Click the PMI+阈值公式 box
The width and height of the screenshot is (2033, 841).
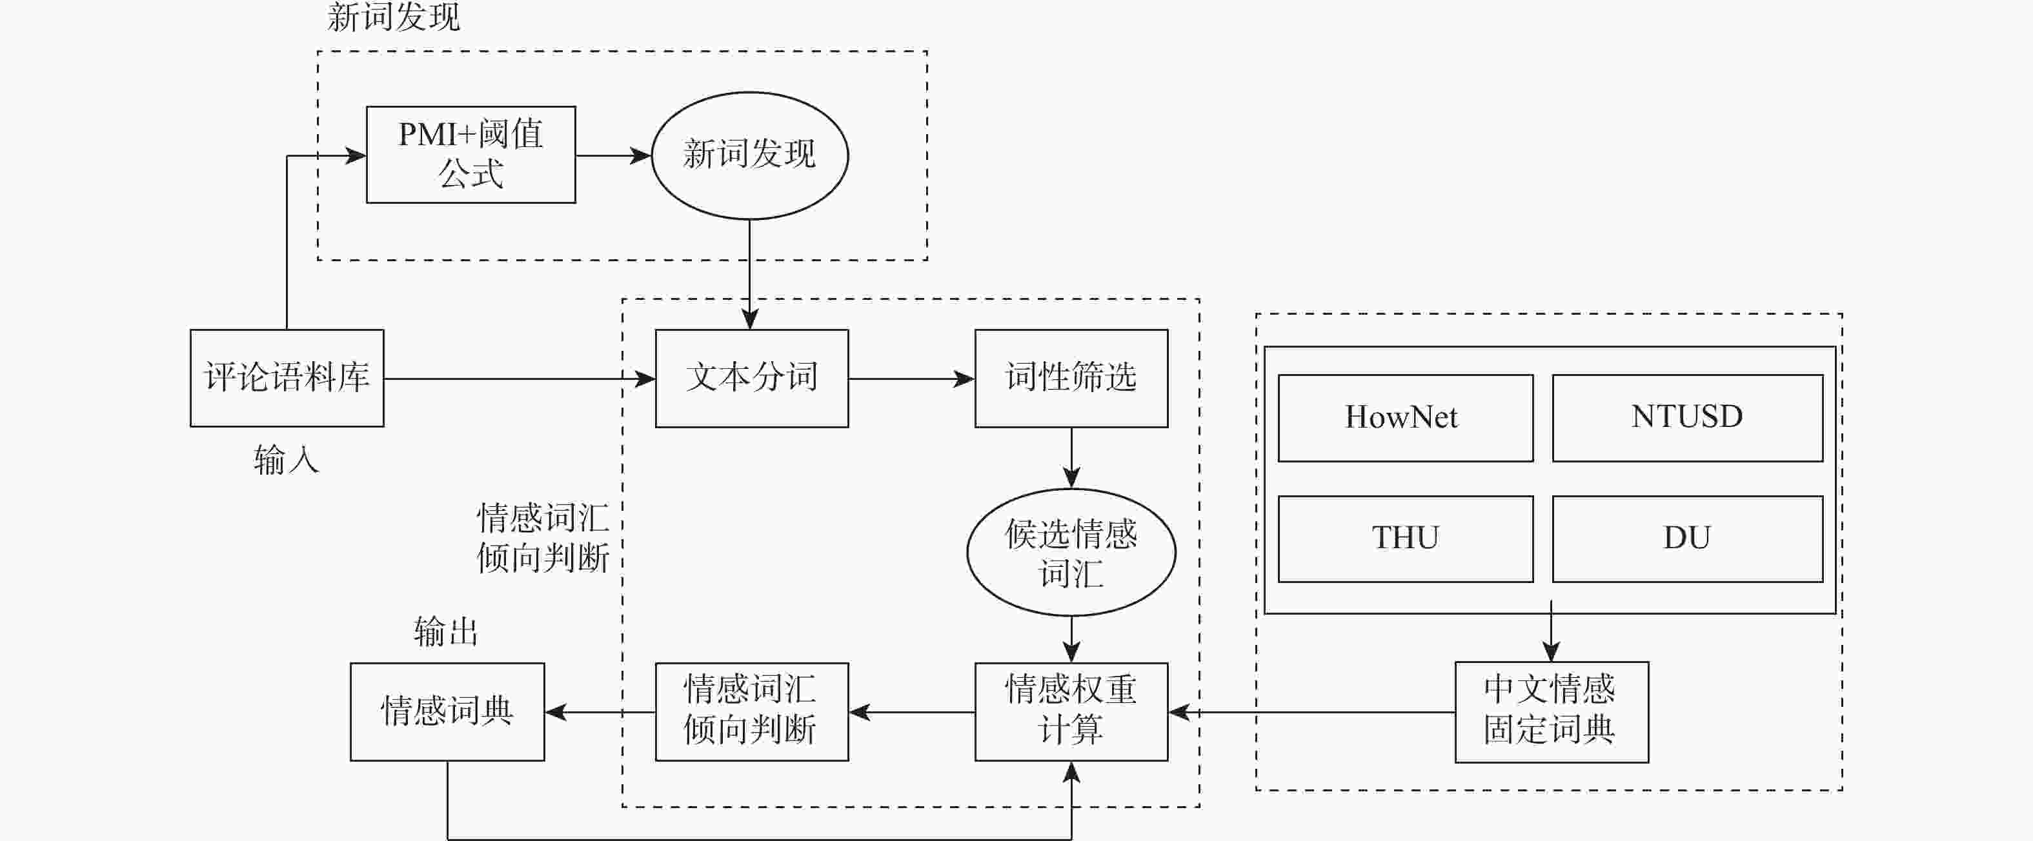tap(470, 155)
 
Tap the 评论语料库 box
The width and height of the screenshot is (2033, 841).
tap(287, 378)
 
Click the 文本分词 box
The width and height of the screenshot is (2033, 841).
tap(751, 378)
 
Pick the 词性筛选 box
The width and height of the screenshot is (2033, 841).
tap(1071, 378)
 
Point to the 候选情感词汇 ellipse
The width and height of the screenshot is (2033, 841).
tap(1071, 552)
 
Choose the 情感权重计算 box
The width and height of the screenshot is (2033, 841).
tap(1071, 711)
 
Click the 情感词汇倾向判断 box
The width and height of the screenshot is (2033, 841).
tap(751, 711)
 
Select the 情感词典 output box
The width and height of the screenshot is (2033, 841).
tap(447, 711)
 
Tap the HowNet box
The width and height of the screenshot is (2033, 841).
tap(1405, 417)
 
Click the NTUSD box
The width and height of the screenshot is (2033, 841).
tap(1686, 417)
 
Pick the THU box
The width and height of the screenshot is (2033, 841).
tap(1405, 538)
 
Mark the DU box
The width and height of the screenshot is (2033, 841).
tap(1686, 538)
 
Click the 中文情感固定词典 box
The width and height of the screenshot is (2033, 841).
tap(1551, 711)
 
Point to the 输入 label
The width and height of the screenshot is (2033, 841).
tap(286, 460)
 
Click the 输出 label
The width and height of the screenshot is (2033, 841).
tap(446, 632)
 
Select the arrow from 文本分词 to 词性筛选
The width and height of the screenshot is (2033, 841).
tap(911, 379)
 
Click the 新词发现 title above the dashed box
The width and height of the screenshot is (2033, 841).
tap(393, 17)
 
